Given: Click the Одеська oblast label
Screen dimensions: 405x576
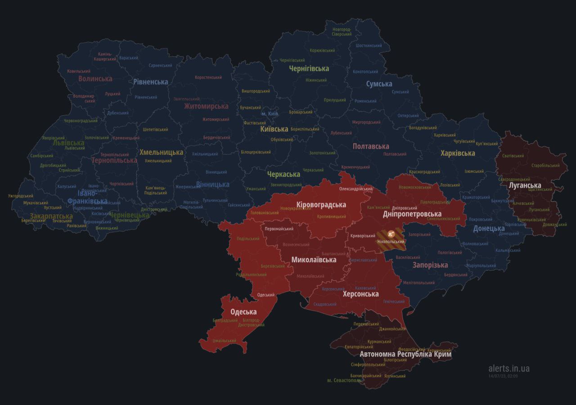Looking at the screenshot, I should [243, 312].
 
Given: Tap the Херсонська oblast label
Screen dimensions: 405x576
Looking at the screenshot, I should [360, 294].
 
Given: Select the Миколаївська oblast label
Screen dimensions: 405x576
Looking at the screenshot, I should [314, 260].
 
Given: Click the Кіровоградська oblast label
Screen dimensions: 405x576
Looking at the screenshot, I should [321, 205].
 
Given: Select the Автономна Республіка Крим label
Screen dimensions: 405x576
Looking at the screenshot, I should [406, 354].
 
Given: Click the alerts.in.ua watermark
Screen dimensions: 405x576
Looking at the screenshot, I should [509, 369].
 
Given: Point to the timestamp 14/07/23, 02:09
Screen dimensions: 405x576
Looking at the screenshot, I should [503, 376].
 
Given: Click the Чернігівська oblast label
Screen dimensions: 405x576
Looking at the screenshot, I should [309, 68].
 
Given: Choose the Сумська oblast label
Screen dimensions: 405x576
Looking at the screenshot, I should [379, 84].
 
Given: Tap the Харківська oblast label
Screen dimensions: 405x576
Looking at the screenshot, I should [458, 153].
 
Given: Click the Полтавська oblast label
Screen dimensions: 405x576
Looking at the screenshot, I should [371, 146].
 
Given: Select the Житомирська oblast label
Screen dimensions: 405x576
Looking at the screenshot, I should [206, 106].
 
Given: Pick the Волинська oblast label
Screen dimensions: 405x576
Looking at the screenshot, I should [95, 79].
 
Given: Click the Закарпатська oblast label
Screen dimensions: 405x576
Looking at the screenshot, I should [51, 216].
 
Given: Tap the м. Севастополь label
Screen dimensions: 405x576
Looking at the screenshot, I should [344, 380].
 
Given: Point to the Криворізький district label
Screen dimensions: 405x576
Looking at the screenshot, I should [363, 236].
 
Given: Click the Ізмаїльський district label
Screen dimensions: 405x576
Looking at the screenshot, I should [224, 341].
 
